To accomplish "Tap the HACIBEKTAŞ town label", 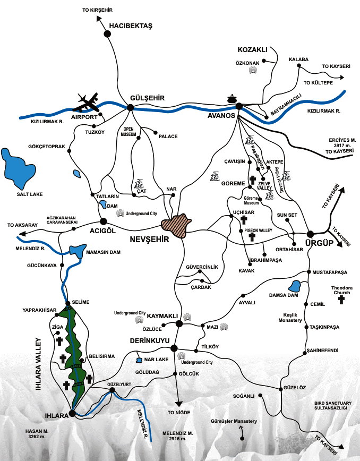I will coord(131,25).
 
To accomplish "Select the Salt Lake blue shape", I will coord(15,168).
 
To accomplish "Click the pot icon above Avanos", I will coord(232,99).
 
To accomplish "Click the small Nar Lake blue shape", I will coord(139,360).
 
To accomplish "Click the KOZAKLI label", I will coord(251,49).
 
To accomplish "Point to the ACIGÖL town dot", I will coord(104,221).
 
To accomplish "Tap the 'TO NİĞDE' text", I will coord(178,412).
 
